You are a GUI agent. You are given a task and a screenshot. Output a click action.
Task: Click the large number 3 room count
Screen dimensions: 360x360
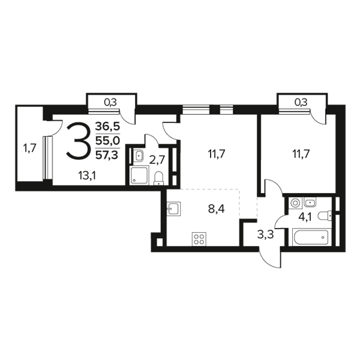tap(77, 141)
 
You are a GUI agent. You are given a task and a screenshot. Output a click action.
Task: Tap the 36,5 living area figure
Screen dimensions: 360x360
tap(107, 127)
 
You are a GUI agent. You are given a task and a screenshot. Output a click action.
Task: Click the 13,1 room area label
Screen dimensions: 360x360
tap(87, 176)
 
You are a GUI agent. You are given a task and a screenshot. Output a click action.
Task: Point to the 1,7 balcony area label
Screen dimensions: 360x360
tap(29, 148)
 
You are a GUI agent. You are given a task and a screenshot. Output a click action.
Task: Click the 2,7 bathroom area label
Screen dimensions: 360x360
tap(157, 160)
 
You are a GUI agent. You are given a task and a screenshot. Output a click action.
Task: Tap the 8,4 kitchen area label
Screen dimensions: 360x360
tap(216, 209)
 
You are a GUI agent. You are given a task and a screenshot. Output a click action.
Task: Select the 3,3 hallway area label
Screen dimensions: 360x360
tap(265, 235)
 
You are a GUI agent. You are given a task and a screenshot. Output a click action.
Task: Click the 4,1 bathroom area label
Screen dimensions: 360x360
tap(305, 217)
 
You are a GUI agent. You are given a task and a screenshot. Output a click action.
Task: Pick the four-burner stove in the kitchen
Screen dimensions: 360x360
tap(199, 239)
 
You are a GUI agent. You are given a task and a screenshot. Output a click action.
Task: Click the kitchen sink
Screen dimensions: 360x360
tap(174, 209)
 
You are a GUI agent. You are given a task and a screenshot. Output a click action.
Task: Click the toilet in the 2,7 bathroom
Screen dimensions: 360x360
tap(158, 178)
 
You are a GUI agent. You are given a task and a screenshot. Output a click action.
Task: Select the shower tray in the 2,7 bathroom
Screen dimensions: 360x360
tap(139, 175)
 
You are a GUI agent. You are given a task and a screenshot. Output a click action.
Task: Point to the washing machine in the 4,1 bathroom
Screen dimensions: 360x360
tap(295, 203)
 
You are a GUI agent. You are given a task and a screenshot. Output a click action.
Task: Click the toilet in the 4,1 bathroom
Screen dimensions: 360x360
tap(325, 216)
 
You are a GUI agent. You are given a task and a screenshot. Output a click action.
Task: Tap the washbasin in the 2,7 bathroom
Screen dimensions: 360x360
tap(138, 155)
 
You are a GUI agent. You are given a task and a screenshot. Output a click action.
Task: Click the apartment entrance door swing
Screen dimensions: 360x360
tap(270, 257)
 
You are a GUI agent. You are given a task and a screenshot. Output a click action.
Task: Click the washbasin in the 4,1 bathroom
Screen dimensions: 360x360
tap(310, 202)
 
